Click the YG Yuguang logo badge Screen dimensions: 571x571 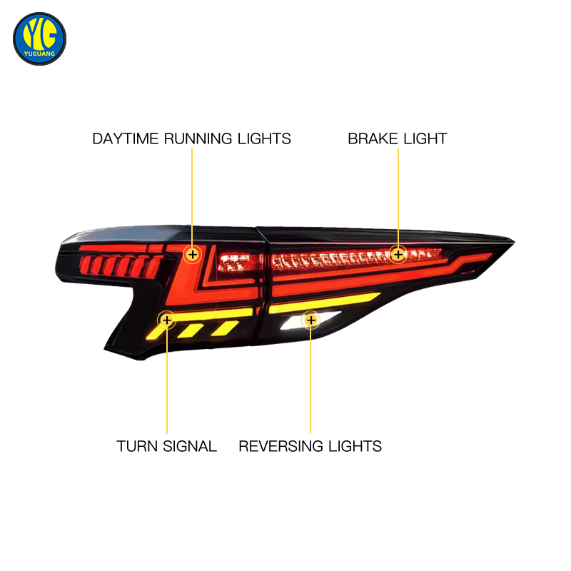pyautogui.click(x=39, y=39)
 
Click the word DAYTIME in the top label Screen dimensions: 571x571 pyautogui.click(x=126, y=138)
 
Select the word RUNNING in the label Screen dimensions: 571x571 pyautogui.click(x=198, y=138)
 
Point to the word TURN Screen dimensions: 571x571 pyautogui.click(x=137, y=447)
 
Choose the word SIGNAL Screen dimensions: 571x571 pyautogui.click(x=190, y=447)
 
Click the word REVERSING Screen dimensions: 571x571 pyautogui.click(x=281, y=447)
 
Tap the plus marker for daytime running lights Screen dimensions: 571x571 pyautogui.click(x=192, y=254)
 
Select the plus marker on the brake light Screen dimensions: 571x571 pyautogui.click(x=398, y=254)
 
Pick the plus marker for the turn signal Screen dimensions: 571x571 pyautogui.click(x=167, y=320)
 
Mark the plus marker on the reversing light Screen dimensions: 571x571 pyautogui.click(x=310, y=320)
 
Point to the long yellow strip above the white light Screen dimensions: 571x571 pyautogui.click(x=324, y=303)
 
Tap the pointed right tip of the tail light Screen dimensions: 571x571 pyautogui.click(x=514, y=241)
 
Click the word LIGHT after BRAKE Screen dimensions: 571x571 pyautogui.click(x=425, y=138)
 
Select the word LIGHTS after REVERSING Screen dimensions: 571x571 pyautogui.click(x=355, y=447)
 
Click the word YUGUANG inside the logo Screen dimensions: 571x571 pyautogui.click(x=39, y=54)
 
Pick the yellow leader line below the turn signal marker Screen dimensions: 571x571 pyautogui.click(x=167, y=381)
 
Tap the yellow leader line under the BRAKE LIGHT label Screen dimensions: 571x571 pyautogui.click(x=398, y=197)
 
